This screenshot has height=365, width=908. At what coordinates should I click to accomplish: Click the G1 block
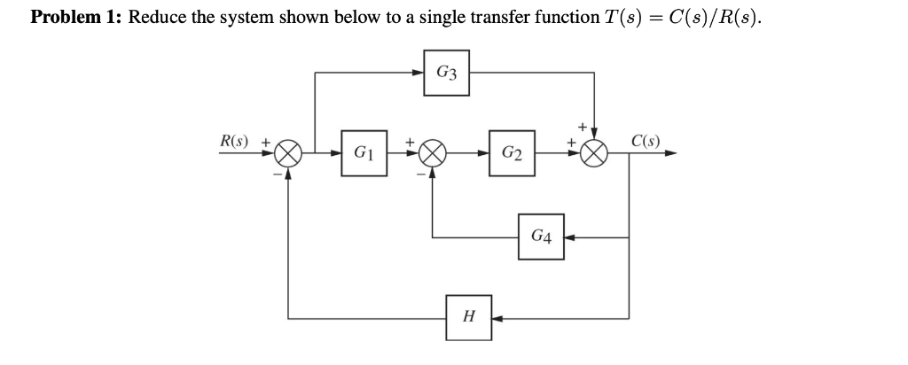coord(364,154)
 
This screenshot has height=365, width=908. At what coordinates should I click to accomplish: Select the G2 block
coord(511,154)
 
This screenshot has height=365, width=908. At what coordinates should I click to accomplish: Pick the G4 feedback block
coord(541,237)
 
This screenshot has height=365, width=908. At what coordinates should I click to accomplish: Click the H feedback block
coord(468,315)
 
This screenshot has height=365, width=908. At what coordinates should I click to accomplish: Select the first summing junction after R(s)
coord(287,154)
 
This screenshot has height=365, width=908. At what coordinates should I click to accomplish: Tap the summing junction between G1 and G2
coord(432,154)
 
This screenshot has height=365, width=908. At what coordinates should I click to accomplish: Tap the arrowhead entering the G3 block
coord(419,72)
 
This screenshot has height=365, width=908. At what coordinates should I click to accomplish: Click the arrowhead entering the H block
coord(497,315)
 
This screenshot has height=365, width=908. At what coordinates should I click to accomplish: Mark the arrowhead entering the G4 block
coord(570,237)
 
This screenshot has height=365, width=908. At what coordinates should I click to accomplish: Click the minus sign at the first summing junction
coord(277,175)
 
